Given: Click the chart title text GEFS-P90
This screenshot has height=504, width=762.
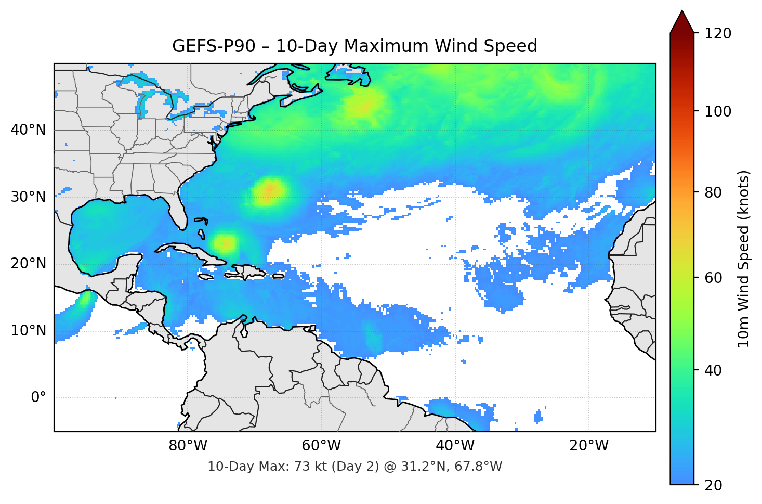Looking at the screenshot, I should [214, 46].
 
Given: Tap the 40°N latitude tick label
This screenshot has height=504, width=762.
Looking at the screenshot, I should [28, 130].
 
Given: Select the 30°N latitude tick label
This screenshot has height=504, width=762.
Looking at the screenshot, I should [28, 197].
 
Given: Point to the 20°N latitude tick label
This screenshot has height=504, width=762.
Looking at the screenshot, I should [28, 264].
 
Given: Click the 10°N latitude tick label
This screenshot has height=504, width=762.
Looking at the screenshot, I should [28, 331].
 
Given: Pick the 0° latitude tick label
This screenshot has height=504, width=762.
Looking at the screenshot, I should [38, 398].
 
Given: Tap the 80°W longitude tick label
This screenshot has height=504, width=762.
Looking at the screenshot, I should [188, 446].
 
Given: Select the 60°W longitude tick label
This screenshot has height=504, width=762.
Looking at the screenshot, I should [321, 446].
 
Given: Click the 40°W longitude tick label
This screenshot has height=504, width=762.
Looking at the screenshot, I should [455, 446].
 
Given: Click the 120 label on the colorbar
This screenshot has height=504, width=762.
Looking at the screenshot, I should [718, 34].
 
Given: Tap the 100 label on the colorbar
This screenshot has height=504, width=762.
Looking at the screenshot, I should [718, 111].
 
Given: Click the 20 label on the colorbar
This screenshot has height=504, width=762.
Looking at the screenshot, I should [713, 485].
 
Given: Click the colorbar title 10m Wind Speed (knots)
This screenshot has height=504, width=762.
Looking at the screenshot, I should [744, 259].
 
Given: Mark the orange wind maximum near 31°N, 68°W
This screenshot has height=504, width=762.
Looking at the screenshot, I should [269, 190].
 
